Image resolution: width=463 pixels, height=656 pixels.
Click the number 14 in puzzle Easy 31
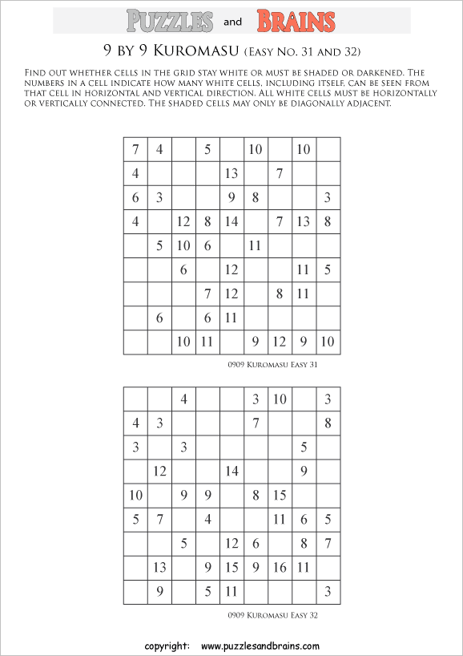point(232,222)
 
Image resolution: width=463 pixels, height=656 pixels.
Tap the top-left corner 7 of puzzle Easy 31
point(135,149)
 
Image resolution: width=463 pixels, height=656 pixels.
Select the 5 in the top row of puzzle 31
point(207,149)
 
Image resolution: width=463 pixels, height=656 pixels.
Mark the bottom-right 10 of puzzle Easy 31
point(328,342)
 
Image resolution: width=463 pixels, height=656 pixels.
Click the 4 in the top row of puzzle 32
point(183,399)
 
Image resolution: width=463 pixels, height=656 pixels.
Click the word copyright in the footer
point(167,646)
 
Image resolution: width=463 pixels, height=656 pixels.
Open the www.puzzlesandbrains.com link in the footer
point(260,646)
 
